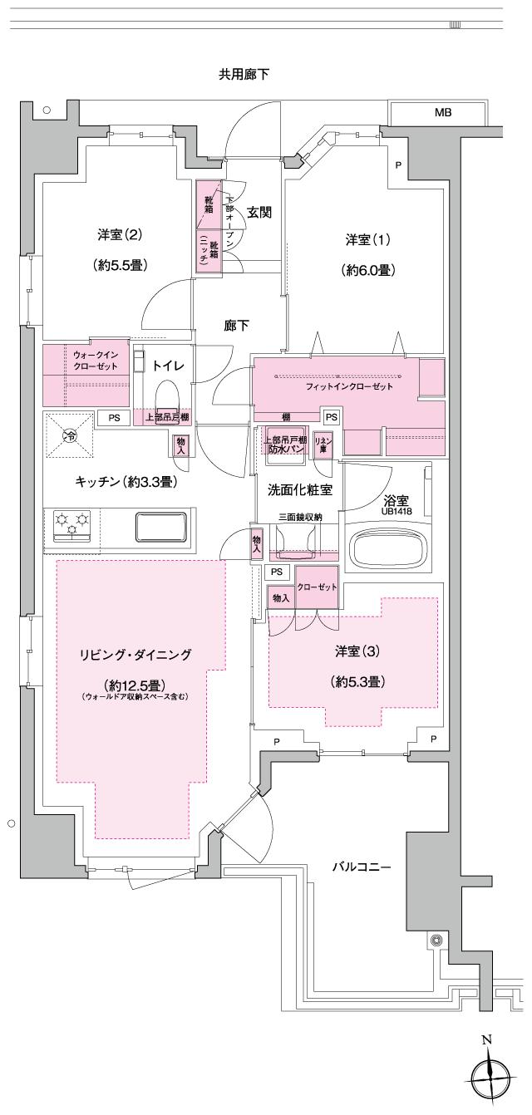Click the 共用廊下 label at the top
244,75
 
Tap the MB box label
442,112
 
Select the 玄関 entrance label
259,212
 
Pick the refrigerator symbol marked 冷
71,435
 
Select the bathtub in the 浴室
388,548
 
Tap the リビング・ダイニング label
135,655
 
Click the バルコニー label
362,867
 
